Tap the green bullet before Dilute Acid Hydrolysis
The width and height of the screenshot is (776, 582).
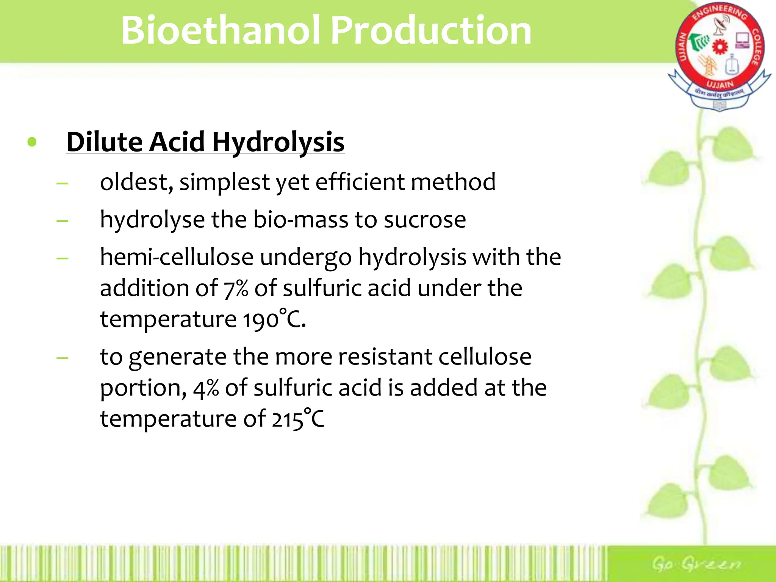32,142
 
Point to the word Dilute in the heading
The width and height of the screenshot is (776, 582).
105,142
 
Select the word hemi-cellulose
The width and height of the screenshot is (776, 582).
177,257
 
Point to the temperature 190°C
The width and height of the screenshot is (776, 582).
274,319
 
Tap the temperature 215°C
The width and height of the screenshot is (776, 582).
298,419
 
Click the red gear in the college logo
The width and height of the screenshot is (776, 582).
720,47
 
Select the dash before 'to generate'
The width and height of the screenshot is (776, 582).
63,358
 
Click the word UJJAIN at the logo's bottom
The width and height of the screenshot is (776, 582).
720,84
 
